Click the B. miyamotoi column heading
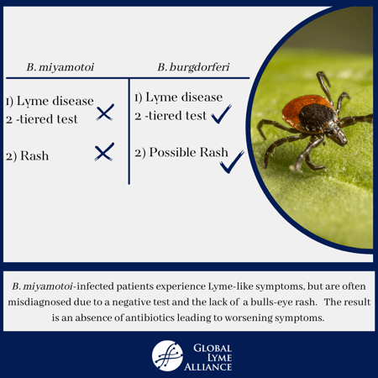60,67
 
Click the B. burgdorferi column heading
193,67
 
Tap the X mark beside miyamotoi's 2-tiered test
105,113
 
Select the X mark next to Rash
104,152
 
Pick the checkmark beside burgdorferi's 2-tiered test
221,114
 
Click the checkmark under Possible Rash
232,162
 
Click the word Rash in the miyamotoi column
34,156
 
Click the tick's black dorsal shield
317,117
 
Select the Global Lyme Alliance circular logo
167,355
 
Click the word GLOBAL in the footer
213,348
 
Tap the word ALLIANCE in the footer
208,367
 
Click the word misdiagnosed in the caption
39,302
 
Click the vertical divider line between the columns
129,131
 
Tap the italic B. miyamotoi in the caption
42,286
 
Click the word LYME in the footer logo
219,358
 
